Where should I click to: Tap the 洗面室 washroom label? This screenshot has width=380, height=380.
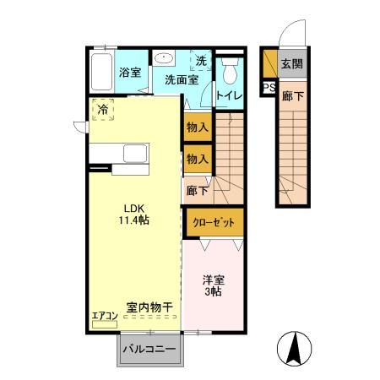[181, 81]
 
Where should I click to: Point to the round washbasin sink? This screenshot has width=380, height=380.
[163, 59]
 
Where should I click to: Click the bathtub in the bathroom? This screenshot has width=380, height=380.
[102, 73]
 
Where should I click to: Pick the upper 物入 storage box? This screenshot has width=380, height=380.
[197, 128]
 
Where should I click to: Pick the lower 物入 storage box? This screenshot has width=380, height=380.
[197, 159]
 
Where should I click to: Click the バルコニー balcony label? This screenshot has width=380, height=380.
[149, 348]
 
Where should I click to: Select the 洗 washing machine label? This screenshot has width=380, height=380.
[201, 61]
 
